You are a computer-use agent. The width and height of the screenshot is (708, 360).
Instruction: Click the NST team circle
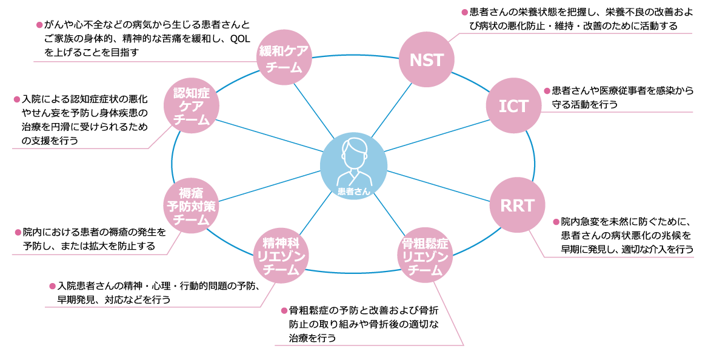point(427,59)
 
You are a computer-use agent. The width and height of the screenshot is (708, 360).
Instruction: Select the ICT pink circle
point(514,105)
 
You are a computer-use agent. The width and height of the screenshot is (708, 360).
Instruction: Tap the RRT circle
point(517,205)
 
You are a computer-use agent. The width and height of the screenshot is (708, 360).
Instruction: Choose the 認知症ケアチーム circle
point(192,106)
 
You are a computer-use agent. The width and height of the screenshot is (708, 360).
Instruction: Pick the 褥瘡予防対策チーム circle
point(191,207)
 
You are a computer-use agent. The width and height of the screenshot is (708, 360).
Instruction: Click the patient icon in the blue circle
point(353,160)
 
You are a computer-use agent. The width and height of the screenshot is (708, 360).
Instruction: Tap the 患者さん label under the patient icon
point(353,190)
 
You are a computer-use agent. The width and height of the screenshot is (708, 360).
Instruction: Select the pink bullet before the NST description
point(465,12)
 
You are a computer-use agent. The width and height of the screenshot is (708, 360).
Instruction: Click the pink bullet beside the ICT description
point(547,91)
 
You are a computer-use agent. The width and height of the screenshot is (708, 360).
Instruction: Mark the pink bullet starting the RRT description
point(556,222)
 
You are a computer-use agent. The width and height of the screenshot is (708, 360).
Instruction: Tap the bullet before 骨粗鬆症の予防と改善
point(284,310)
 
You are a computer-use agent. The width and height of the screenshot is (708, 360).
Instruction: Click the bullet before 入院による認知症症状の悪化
point(16,98)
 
